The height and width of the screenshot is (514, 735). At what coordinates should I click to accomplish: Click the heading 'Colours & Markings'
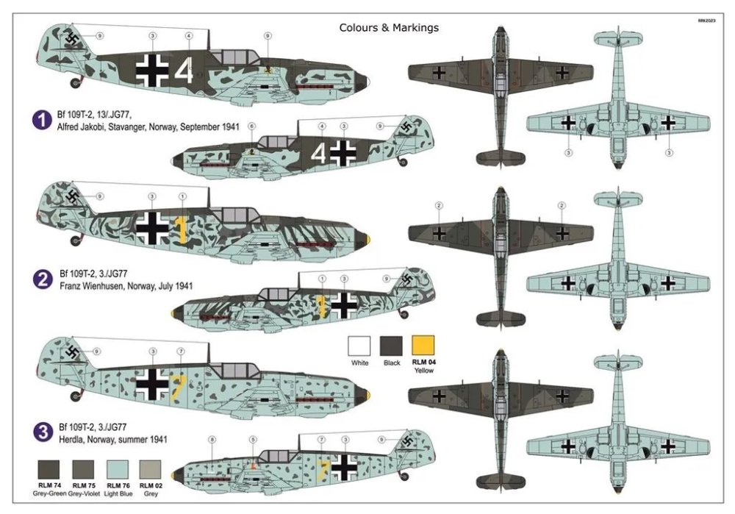click(388, 28)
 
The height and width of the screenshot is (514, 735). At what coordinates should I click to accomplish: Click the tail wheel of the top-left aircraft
click(75, 80)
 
